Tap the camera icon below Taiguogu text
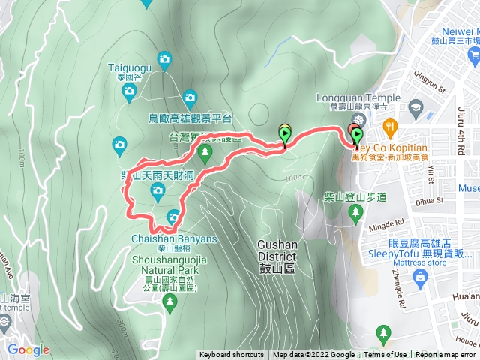click(129, 92)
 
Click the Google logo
click(28, 349)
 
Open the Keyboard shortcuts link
click(232, 355)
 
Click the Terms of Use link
click(385, 355)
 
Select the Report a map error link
click(445, 355)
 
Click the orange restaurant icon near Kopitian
click(388, 125)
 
